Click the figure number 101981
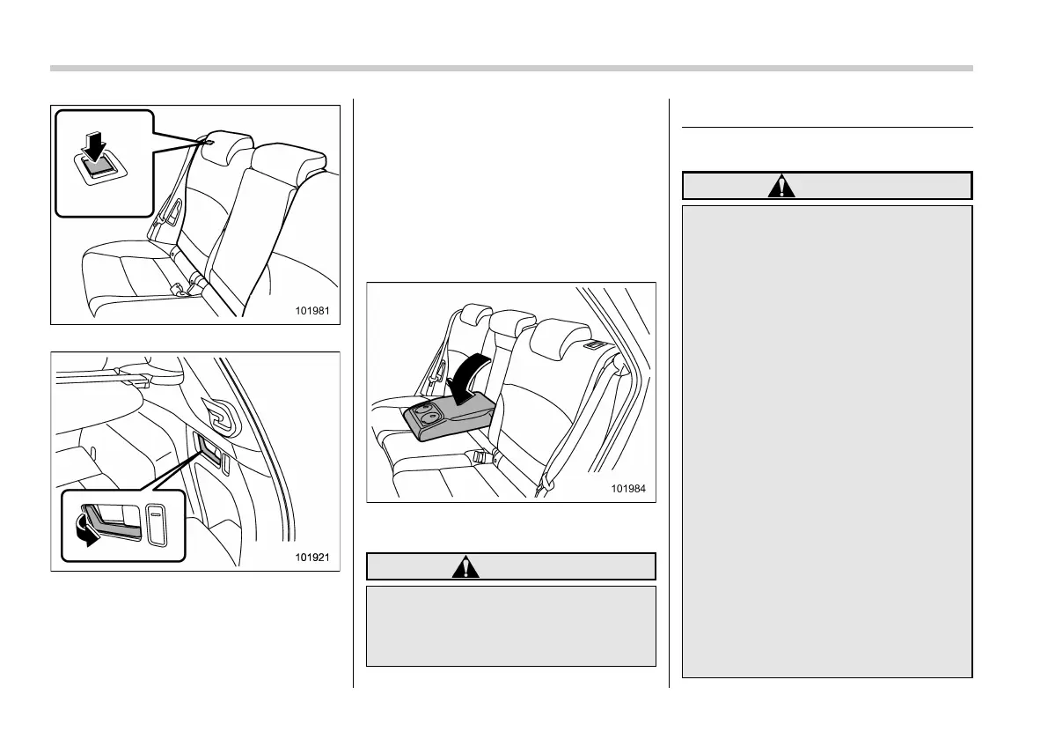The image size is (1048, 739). (x=317, y=311)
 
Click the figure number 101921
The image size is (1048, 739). (x=317, y=558)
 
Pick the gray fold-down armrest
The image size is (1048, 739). (x=444, y=419)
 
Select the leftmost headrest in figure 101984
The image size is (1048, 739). (x=473, y=315)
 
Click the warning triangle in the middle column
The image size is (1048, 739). (x=465, y=565)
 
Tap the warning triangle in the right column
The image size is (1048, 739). (x=781, y=185)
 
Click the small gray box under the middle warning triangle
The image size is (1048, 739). (x=510, y=626)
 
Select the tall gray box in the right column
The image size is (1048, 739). (x=827, y=441)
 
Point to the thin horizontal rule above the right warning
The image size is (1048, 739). (x=827, y=127)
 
